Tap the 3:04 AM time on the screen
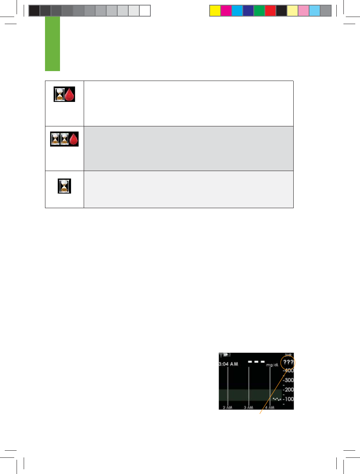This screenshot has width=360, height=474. click(229, 364)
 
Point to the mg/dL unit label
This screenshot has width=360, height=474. click(272, 365)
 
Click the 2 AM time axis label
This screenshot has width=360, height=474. click(227, 407)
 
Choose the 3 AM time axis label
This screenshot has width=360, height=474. click(248, 407)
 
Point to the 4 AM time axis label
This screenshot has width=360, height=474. click(270, 407)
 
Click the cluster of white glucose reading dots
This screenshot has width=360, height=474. click(277, 399)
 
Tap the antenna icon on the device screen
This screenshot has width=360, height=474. click(221, 355)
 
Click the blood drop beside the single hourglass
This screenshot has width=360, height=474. click(71, 95)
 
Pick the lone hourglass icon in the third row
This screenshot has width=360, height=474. click(64, 186)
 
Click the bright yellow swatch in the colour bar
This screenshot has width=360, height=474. click(214, 10)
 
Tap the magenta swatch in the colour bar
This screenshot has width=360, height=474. click(225, 10)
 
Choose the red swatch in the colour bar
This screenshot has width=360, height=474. click(270, 10)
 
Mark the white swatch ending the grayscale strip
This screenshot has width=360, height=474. click(145, 10)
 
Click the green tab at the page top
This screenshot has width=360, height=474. click(52, 43)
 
